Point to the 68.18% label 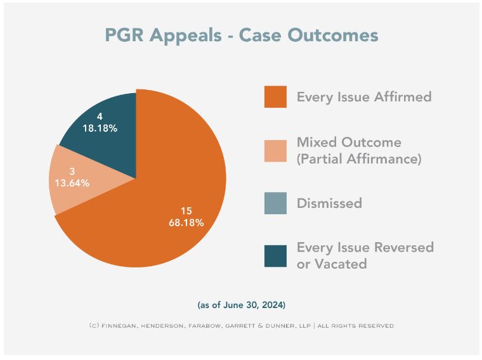pos(186,222)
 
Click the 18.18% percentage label pos(100,127)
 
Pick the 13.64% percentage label pos(69,183)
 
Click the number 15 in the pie pos(186,210)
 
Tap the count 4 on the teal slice pos(100,116)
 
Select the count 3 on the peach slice pos(72,172)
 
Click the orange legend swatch pos(275,97)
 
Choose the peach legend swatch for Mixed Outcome pos(275,150)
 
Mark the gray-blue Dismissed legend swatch pos(275,203)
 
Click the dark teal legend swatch pos(275,255)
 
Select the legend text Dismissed pos(329,203)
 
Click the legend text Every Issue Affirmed pos(364,97)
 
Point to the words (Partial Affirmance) pos(359,159)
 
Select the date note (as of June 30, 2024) pos(242,305)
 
